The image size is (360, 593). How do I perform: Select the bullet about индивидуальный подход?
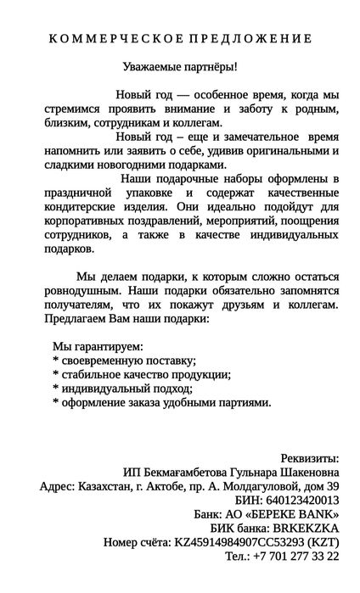click(x=122, y=389)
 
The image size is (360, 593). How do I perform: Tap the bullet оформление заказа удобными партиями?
click(x=162, y=402)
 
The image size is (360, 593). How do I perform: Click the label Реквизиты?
click(x=310, y=459)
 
